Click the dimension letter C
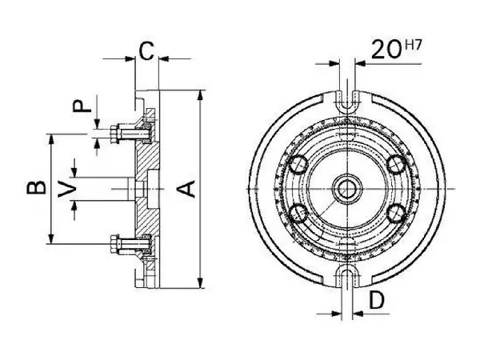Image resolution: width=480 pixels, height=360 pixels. [146, 51]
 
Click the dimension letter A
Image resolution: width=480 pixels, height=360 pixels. [186, 189]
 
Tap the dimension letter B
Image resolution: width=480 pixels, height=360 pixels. [37, 188]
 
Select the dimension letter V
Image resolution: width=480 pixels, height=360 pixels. [67, 190]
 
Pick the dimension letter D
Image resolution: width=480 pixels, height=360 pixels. [376, 300]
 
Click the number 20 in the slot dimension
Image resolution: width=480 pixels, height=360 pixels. [386, 50]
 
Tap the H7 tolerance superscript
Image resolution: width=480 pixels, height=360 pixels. [413, 46]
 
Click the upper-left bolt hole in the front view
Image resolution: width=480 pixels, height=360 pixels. [298, 164]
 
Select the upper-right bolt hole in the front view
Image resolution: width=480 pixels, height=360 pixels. [396, 164]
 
